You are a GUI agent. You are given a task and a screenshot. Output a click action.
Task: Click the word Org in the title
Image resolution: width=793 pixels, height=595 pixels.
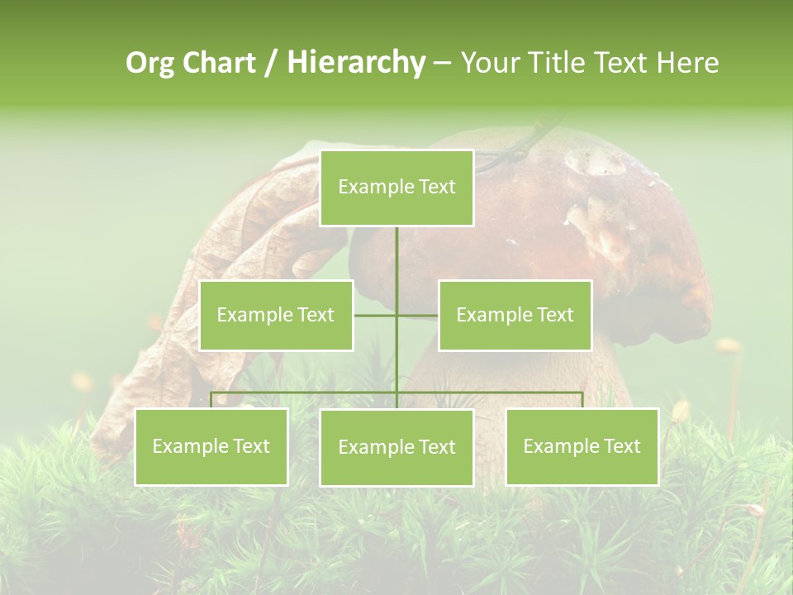pyautogui.click(x=150, y=63)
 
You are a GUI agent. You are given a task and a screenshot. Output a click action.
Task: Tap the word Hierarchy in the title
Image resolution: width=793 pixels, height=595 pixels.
pyautogui.click(x=356, y=63)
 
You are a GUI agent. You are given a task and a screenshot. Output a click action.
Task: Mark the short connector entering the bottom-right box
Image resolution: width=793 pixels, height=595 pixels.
pyautogui.click(x=582, y=400)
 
